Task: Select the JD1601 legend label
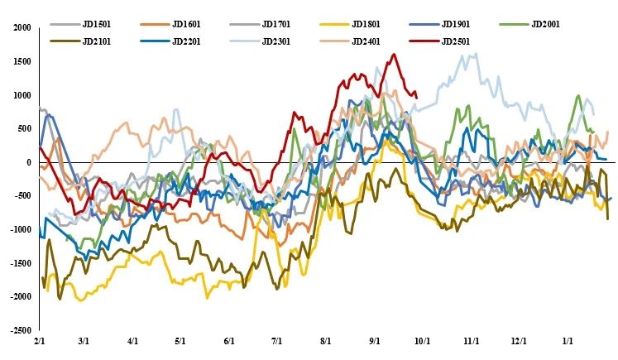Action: tap(189, 24)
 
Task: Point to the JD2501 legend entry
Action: tap(458, 41)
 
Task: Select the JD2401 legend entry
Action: tap(368, 41)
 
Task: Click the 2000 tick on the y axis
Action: tap(21, 27)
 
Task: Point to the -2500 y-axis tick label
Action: tap(18, 330)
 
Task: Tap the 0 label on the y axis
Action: tap(26, 162)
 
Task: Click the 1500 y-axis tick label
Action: tap(21, 61)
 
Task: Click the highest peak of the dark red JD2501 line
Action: tap(394, 55)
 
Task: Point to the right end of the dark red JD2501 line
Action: tap(416, 97)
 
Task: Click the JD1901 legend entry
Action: tap(458, 24)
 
